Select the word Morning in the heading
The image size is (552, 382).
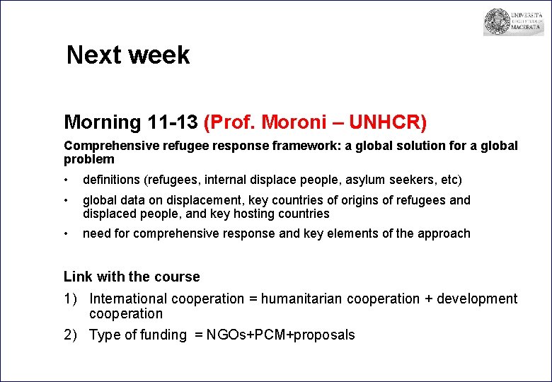click(x=103, y=122)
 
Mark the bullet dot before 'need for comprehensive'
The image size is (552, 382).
click(x=67, y=233)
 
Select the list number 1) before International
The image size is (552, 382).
click(x=71, y=299)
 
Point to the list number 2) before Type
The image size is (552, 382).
click(x=71, y=335)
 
